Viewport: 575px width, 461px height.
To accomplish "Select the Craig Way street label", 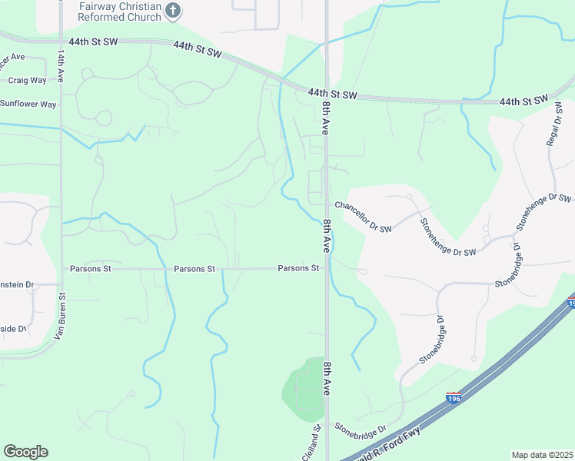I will click(28, 80).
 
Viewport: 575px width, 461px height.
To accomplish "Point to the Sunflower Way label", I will click(28, 104).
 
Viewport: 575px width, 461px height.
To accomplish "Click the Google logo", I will click(25, 451).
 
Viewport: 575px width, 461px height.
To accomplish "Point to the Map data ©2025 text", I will click(541, 454).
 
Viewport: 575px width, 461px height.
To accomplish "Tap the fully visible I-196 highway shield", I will click(454, 398).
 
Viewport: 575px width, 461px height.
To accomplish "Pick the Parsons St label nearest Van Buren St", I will click(91, 269).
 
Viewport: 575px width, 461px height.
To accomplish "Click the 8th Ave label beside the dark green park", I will click(327, 378).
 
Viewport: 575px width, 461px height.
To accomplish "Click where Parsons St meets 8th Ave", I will click(326, 269).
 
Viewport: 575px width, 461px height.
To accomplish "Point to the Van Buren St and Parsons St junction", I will click(61, 269).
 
